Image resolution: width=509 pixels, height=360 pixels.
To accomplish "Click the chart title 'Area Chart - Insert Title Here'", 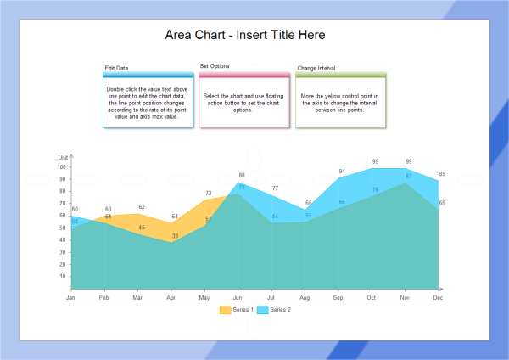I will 244,35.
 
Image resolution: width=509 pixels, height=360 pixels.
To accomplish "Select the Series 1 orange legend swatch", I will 224,310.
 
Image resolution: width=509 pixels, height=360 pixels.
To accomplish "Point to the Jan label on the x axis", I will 70,298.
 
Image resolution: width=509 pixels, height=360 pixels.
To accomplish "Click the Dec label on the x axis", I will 438,298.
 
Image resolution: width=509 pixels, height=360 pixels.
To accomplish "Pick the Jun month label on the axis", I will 237,298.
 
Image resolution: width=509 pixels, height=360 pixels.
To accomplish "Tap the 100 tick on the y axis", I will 62,167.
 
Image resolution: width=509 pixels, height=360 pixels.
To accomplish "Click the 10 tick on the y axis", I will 63,277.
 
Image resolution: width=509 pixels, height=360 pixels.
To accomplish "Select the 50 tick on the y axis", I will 63,228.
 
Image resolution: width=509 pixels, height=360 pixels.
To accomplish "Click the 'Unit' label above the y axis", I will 63,158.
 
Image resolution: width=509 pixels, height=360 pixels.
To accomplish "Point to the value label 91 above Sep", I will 342,172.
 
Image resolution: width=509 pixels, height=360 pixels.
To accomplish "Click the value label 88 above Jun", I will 242,175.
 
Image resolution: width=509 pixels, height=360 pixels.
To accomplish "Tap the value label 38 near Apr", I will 176,236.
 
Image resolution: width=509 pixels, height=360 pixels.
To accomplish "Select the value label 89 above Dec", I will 442,174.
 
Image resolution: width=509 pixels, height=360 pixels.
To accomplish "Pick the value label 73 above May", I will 209,193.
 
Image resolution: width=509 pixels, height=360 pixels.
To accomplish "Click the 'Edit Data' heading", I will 117,68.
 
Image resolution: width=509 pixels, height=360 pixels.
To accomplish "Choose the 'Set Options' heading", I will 215,65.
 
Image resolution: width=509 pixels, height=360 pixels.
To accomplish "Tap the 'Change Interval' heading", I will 317,68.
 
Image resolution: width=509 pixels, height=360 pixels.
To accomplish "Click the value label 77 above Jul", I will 275,188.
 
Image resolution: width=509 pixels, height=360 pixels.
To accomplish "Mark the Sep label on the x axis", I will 338,298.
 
